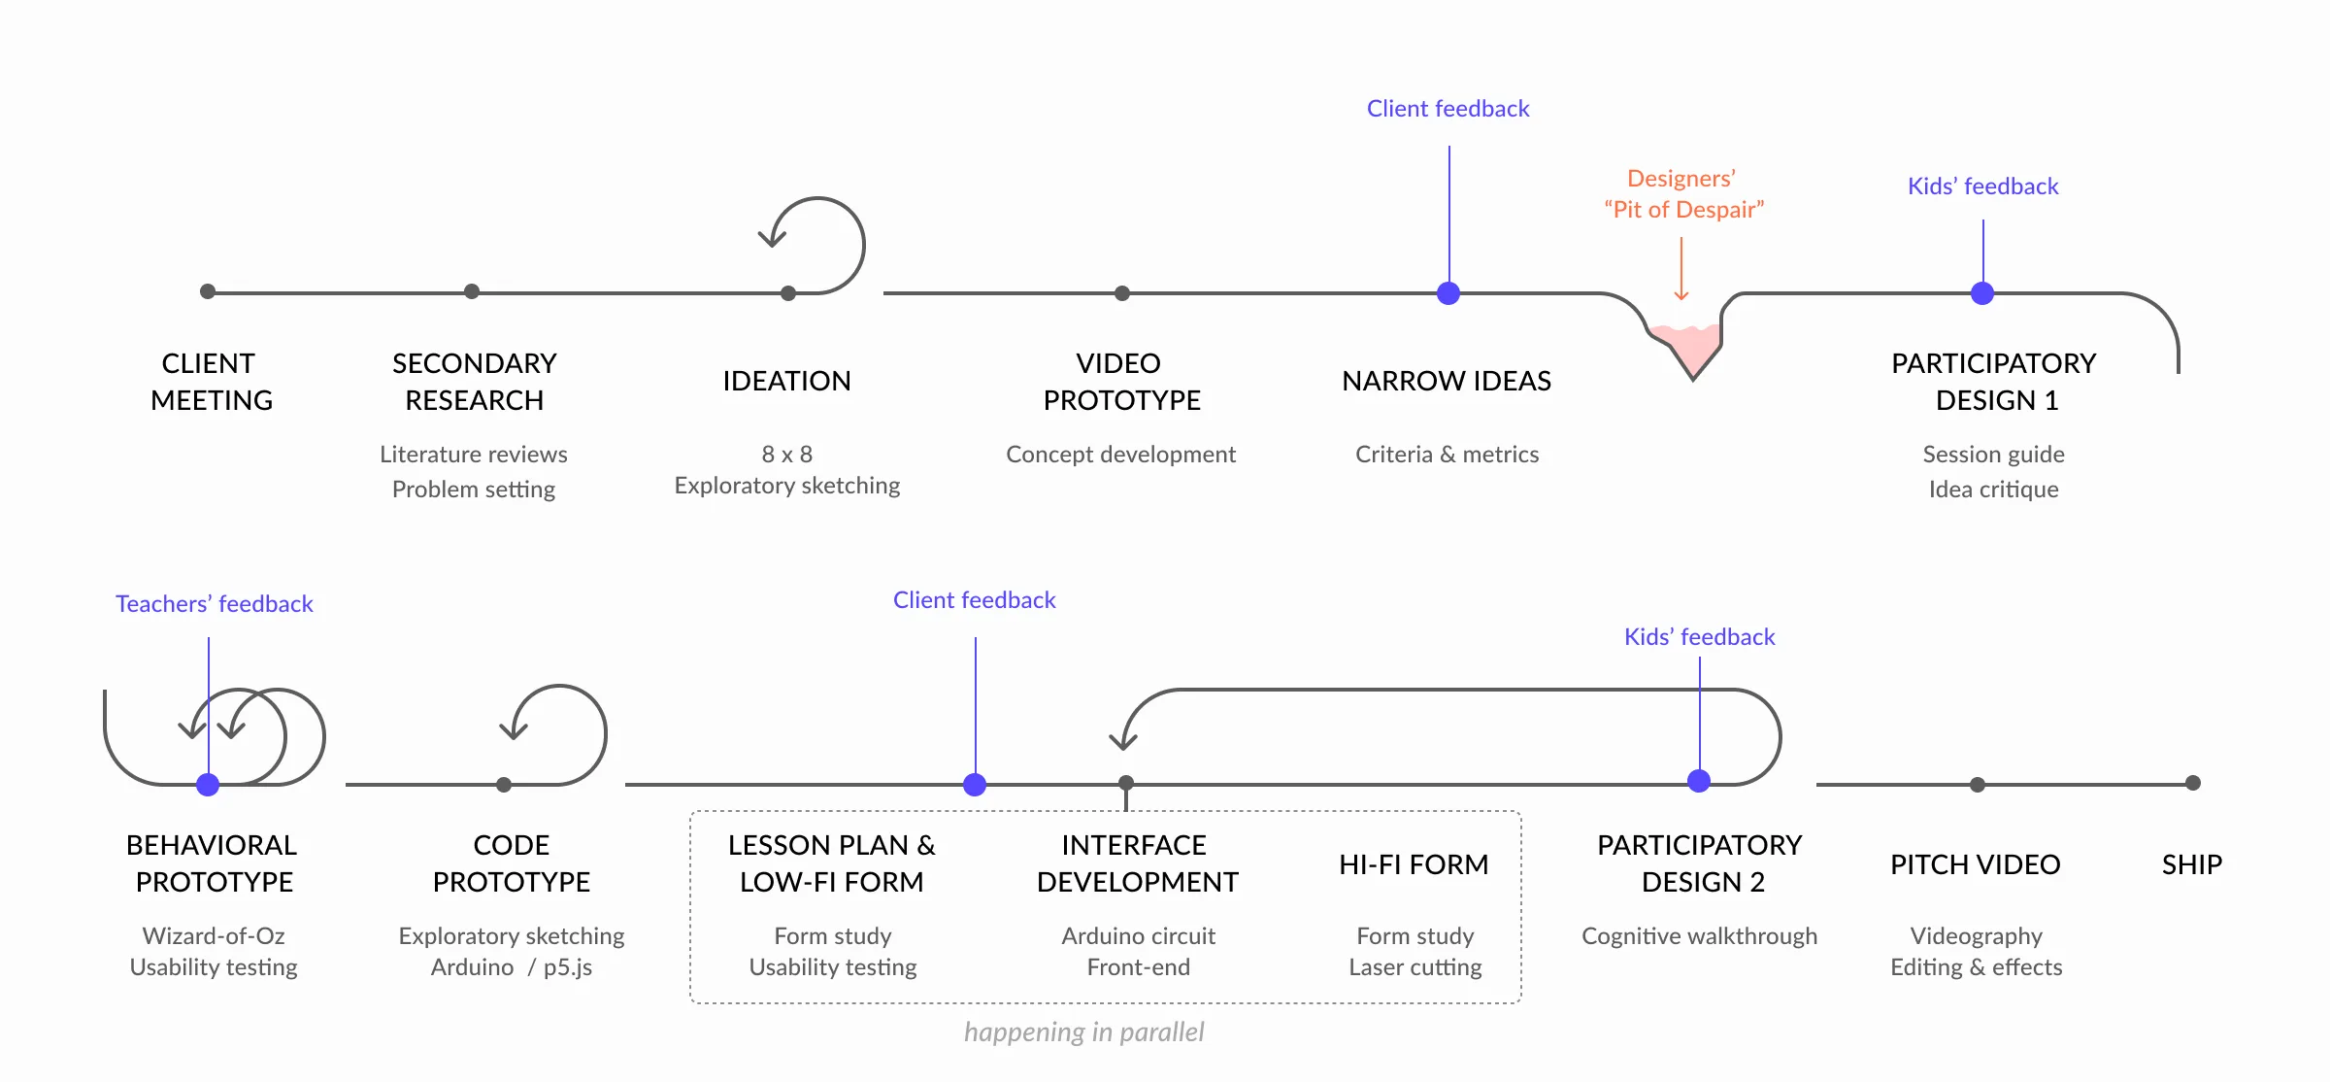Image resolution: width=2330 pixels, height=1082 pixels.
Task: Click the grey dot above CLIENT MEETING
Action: [208, 291]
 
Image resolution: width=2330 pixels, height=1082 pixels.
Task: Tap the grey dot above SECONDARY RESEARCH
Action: [472, 291]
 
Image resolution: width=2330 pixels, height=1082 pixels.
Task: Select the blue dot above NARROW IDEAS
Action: [1448, 293]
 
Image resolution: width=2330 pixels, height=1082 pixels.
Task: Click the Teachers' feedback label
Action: [215, 604]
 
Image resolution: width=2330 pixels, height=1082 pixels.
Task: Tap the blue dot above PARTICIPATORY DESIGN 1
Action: [1982, 293]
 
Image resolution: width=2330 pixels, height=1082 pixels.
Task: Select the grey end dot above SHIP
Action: [2193, 783]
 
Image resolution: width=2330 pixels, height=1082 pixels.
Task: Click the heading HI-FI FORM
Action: [1414, 864]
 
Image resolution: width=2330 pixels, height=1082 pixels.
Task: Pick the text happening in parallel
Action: [1083, 1031]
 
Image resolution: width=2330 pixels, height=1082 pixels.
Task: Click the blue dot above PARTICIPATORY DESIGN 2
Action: [1699, 781]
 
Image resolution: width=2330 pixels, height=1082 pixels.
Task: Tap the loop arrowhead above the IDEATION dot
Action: [772, 237]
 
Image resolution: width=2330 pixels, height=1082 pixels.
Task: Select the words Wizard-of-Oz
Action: [214, 936]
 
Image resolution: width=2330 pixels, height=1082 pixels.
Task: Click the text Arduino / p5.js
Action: [512, 967]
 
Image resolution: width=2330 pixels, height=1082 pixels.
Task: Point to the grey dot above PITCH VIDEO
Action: [1978, 785]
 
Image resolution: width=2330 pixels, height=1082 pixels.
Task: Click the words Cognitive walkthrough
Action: [1699, 936]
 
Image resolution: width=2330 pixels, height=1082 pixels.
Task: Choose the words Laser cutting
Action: [1415, 967]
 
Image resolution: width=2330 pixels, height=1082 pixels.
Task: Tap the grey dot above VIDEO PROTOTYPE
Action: [1122, 293]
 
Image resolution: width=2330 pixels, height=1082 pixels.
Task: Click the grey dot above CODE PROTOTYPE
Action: [504, 785]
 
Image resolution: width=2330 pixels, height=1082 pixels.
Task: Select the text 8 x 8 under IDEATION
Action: [787, 455]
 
